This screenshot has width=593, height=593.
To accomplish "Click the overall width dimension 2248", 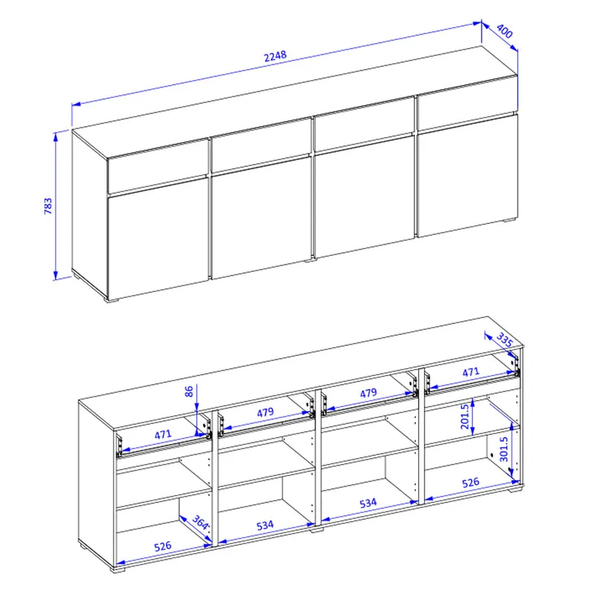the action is point(275,56).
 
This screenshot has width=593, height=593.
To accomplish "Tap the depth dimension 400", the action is point(504,31).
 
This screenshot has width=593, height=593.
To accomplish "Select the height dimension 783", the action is point(48,206).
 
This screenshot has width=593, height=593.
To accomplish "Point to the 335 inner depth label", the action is point(504,339).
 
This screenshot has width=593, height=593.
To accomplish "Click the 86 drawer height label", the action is point(189,391).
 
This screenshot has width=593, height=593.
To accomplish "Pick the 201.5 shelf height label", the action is point(465,417).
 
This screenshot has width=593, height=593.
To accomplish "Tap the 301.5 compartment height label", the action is point(504,449).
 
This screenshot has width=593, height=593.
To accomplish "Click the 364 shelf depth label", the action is point(200,523).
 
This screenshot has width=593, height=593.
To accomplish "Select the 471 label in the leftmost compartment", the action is point(163,434).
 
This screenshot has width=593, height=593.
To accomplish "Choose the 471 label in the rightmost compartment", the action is point(471,372).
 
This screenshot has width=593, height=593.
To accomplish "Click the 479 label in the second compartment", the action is point(265,412).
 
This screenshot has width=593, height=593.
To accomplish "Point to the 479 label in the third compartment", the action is point(368,393).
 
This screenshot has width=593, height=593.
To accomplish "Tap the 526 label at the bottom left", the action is point(162,546).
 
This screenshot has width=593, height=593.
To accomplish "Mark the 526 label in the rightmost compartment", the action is point(471,483).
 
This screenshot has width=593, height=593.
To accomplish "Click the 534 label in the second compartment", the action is point(265,525).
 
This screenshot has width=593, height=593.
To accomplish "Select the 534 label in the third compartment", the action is point(368,503).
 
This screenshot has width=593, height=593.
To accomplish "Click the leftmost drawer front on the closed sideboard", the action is point(158,166).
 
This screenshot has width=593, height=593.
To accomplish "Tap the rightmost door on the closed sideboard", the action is point(468,175).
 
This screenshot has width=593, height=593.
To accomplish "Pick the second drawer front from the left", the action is point(262,145).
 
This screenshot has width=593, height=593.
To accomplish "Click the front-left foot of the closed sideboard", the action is point(112,300).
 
